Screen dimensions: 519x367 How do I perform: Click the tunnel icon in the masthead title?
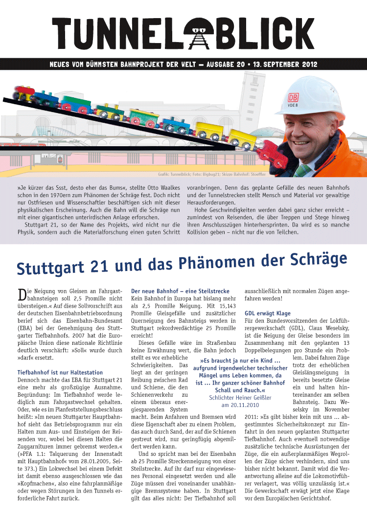point(198,33)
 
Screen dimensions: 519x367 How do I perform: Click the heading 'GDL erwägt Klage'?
point(267,313)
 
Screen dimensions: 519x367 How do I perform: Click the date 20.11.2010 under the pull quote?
point(239,406)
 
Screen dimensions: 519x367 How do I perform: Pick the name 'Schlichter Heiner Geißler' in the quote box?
point(239,398)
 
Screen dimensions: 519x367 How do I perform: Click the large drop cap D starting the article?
point(22,294)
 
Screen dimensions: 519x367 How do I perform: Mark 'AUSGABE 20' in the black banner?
point(222,64)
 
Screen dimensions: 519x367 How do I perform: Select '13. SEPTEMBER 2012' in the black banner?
point(286,64)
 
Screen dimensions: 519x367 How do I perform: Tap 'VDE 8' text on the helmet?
point(293,105)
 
